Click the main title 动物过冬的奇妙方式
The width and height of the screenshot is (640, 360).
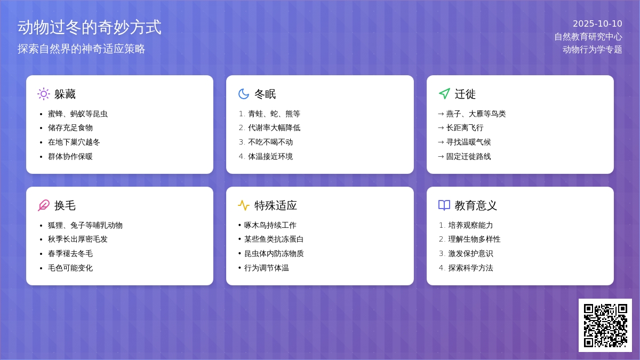(x=90, y=27)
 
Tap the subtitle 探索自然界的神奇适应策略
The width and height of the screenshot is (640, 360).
(x=82, y=49)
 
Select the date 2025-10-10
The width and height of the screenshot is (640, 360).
(x=597, y=23)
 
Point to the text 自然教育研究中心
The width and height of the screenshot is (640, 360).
(x=588, y=37)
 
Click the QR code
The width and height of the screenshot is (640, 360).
(x=605, y=325)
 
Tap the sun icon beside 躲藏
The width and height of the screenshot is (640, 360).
(x=44, y=94)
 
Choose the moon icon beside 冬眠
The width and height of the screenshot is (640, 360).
(x=244, y=94)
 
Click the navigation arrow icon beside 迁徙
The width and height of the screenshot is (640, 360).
(x=444, y=94)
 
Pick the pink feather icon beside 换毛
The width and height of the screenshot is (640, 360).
(x=44, y=205)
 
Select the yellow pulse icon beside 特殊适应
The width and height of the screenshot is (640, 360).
(x=244, y=205)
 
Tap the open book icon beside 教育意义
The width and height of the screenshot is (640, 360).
(x=444, y=205)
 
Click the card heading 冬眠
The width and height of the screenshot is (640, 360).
(x=265, y=94)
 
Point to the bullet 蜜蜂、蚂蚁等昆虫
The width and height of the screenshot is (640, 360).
(x=78, y=114)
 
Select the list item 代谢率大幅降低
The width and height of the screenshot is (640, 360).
(x=274, y=127)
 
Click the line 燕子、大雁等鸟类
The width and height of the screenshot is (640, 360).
(x=476, y=114)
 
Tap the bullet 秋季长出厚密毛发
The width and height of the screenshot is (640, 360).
(x=78, y=239)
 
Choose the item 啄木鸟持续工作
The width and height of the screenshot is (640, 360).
(x=270, y=225)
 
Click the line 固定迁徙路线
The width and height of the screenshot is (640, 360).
(x=468, y=156)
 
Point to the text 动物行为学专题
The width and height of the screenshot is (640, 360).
(x=592, y=50)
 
